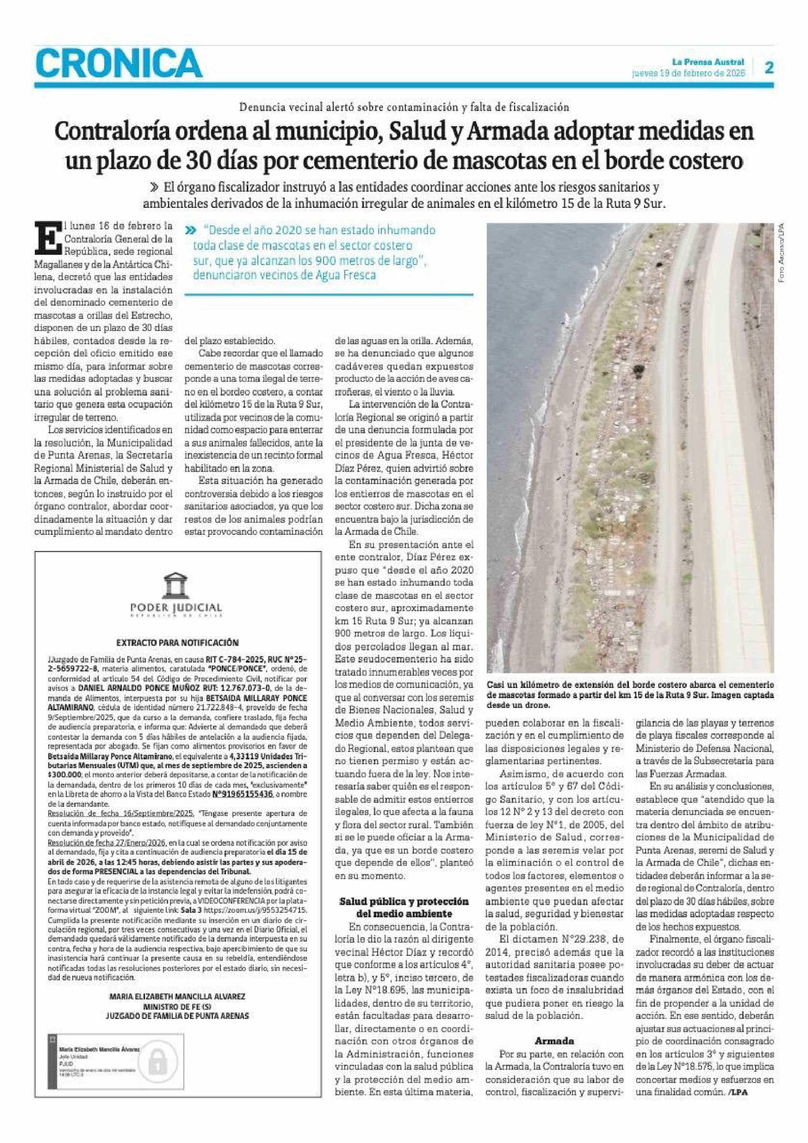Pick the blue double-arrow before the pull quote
pos(190,231)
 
